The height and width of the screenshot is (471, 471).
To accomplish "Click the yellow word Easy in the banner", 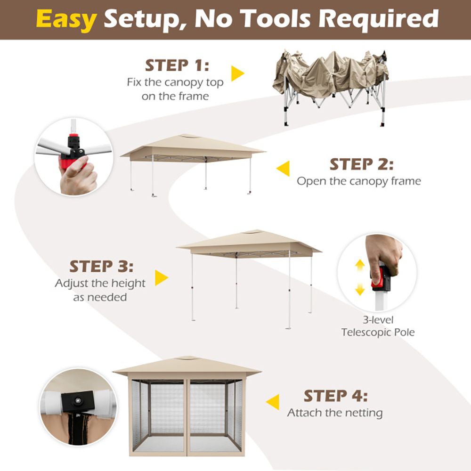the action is click(x=66, y=19).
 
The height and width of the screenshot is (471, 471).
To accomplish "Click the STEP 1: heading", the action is click(x=177, y=65).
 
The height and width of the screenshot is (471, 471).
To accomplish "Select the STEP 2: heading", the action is click(x=361, y=164).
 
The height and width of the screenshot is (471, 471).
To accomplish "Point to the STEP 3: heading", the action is click(x=101, y=266).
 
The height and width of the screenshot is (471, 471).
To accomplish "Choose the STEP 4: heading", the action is click(x=335, y=396).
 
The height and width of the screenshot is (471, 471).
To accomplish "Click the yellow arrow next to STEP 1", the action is click(x=237, y=73).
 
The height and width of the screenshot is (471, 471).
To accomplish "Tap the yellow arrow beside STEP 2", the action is click(x=283, y=169).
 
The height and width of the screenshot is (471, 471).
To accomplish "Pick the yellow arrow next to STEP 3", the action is click(x=161, y=278).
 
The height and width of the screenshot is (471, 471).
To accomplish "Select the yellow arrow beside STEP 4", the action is click(x=272, y=402).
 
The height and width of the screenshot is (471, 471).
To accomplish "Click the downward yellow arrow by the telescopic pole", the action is click(x=360, y=289).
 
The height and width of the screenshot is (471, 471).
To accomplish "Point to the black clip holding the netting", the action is click(x=78, y=401).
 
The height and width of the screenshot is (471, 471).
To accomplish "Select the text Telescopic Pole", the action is click(x=378, y=332).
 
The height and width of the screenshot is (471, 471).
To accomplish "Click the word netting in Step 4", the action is click(x=364, y=413).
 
